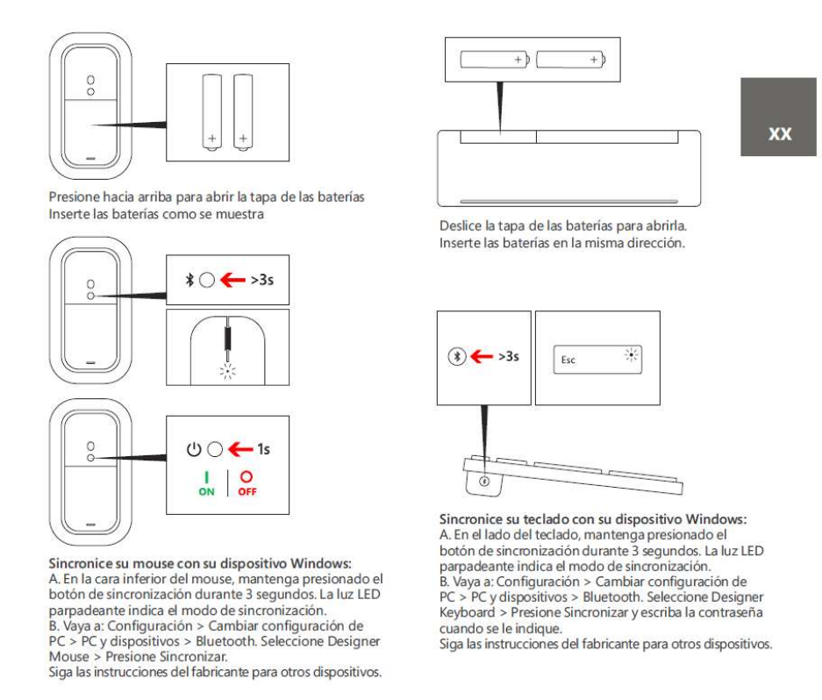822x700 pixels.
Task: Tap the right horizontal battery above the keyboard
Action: click(571, 61)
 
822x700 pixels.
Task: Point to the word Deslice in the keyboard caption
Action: click(459, 228)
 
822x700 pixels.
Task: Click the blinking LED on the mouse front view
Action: click(227, 371)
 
